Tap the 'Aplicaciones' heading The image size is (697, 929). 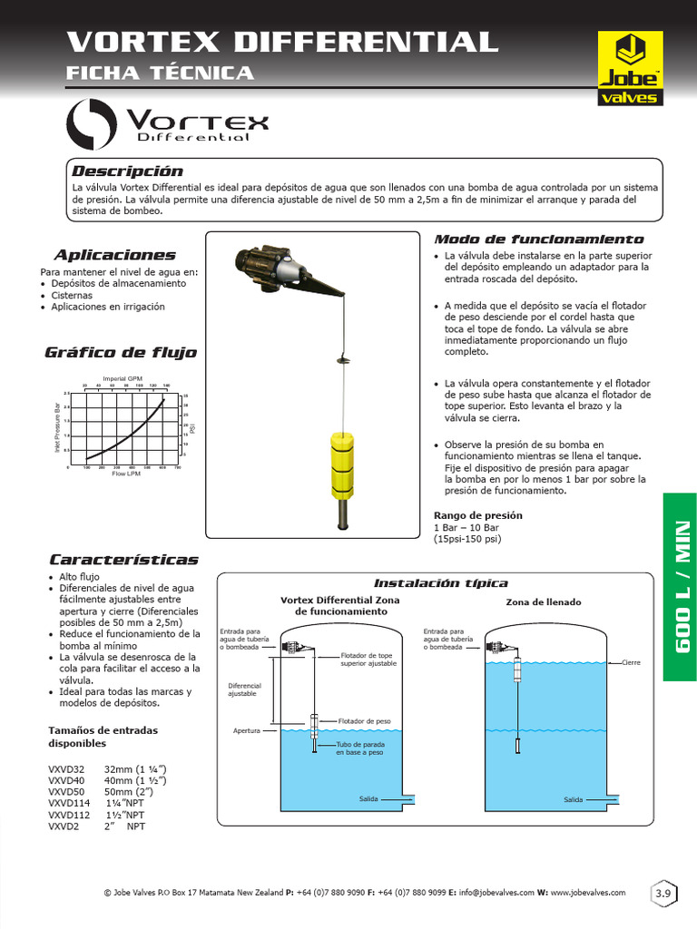pos(114,255)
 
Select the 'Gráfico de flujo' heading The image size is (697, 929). pos(120,352)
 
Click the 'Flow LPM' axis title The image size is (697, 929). pos(125,474)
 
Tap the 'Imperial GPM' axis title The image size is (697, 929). pos(123,377)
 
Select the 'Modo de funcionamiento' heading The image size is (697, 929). pos(539,240)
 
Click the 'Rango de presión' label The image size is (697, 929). pos(477,515)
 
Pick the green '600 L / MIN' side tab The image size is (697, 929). pos(680,585)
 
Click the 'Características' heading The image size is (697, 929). pos(123,560)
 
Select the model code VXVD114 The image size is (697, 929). pos(67,803)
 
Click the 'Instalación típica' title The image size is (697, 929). pos(441,582)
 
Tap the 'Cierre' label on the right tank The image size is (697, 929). pos(631,662)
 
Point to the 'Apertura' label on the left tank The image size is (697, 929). pos(247,729)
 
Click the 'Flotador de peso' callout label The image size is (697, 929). pos(364,722)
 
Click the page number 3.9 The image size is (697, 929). pos(663,895)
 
